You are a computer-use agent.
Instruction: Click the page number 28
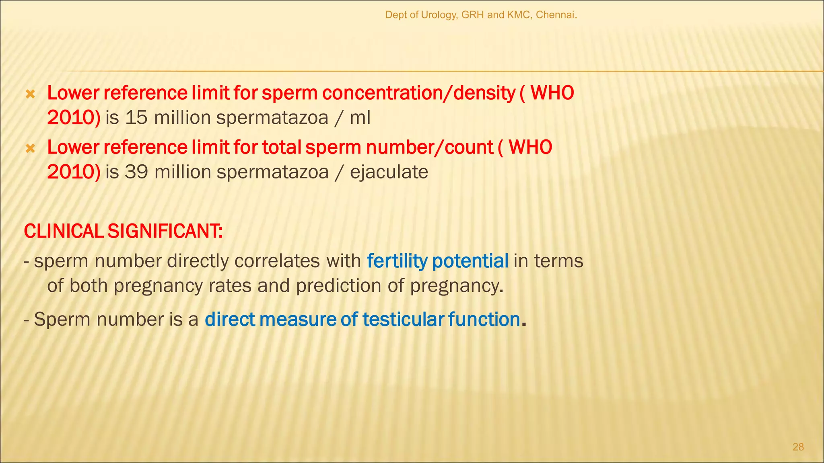[798, 447]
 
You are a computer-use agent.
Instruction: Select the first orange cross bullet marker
[30, 95]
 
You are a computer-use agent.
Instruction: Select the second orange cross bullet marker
[30, 149]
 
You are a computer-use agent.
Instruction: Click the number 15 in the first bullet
[136, 118]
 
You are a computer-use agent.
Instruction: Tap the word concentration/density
[418, 93]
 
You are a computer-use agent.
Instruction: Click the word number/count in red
[430, 148]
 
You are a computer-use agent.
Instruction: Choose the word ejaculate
[389, 172]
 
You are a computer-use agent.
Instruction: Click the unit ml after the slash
[360, 118]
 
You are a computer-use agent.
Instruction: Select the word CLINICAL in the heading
[64, 231]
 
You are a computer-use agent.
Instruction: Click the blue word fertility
[397, 261]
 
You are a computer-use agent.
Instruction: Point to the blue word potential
[470, 261]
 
